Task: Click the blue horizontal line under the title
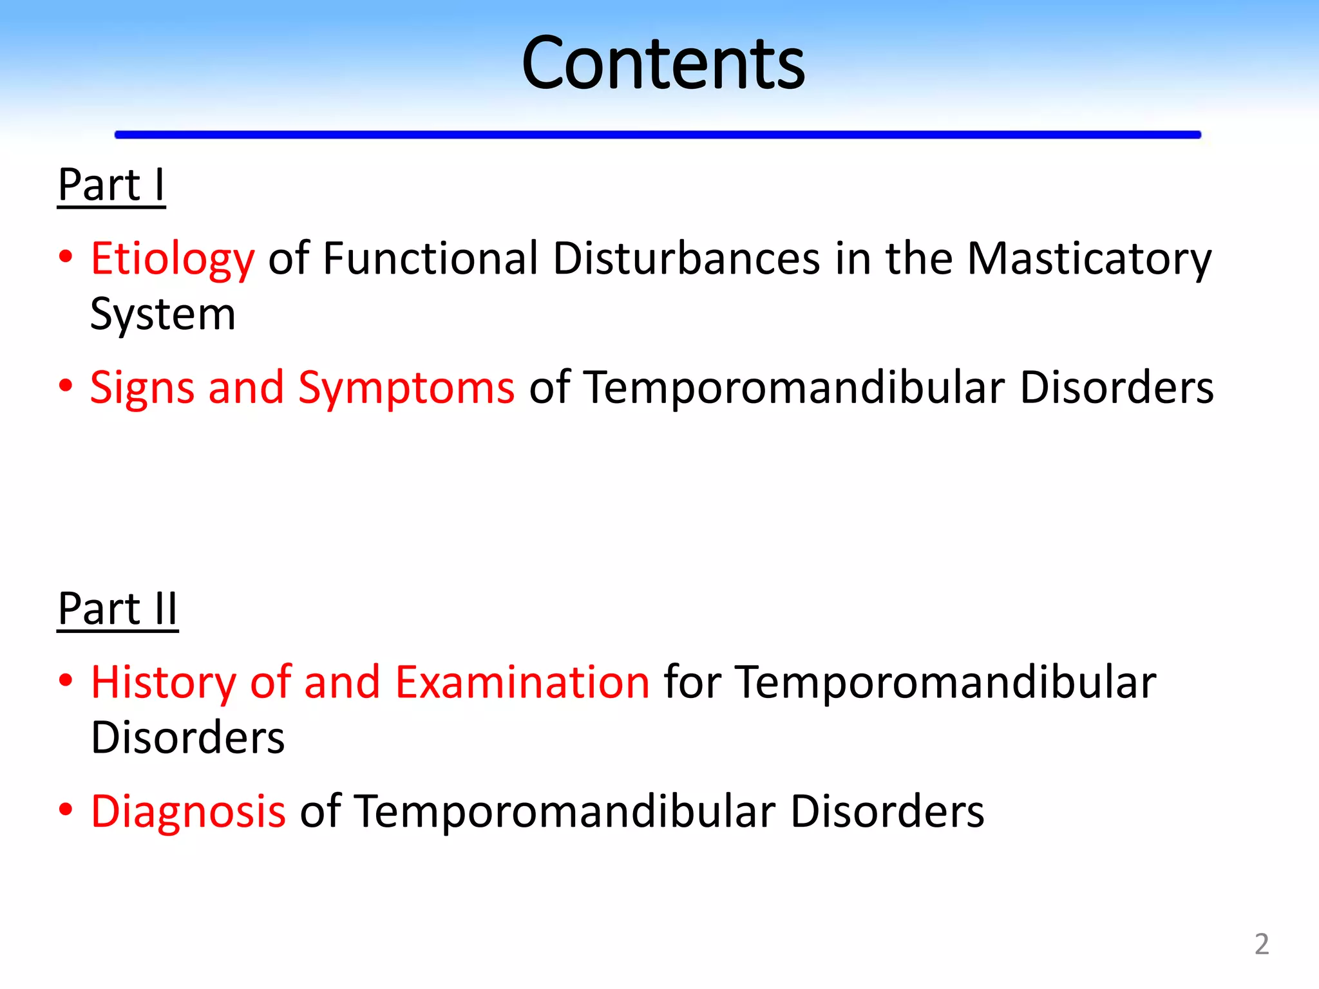pos(657,135)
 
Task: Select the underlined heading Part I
pos(111,185)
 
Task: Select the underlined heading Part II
pos(117,609)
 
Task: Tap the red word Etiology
pos(173,259)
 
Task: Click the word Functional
pos(430,259)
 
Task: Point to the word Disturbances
pos(686,259)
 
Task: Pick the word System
pos(163,315)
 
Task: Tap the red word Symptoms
pos(406,389)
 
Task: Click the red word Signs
pos(142,389)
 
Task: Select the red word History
pos(164,683)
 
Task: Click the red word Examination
pos(522,683)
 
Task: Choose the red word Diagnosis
pos(188,811)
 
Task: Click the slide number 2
pos(1262,944)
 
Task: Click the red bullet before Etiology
pos(65,257)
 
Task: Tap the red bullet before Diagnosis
pos(65,809)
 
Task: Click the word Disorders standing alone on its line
pos(187,738)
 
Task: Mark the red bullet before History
pos(65,680)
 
